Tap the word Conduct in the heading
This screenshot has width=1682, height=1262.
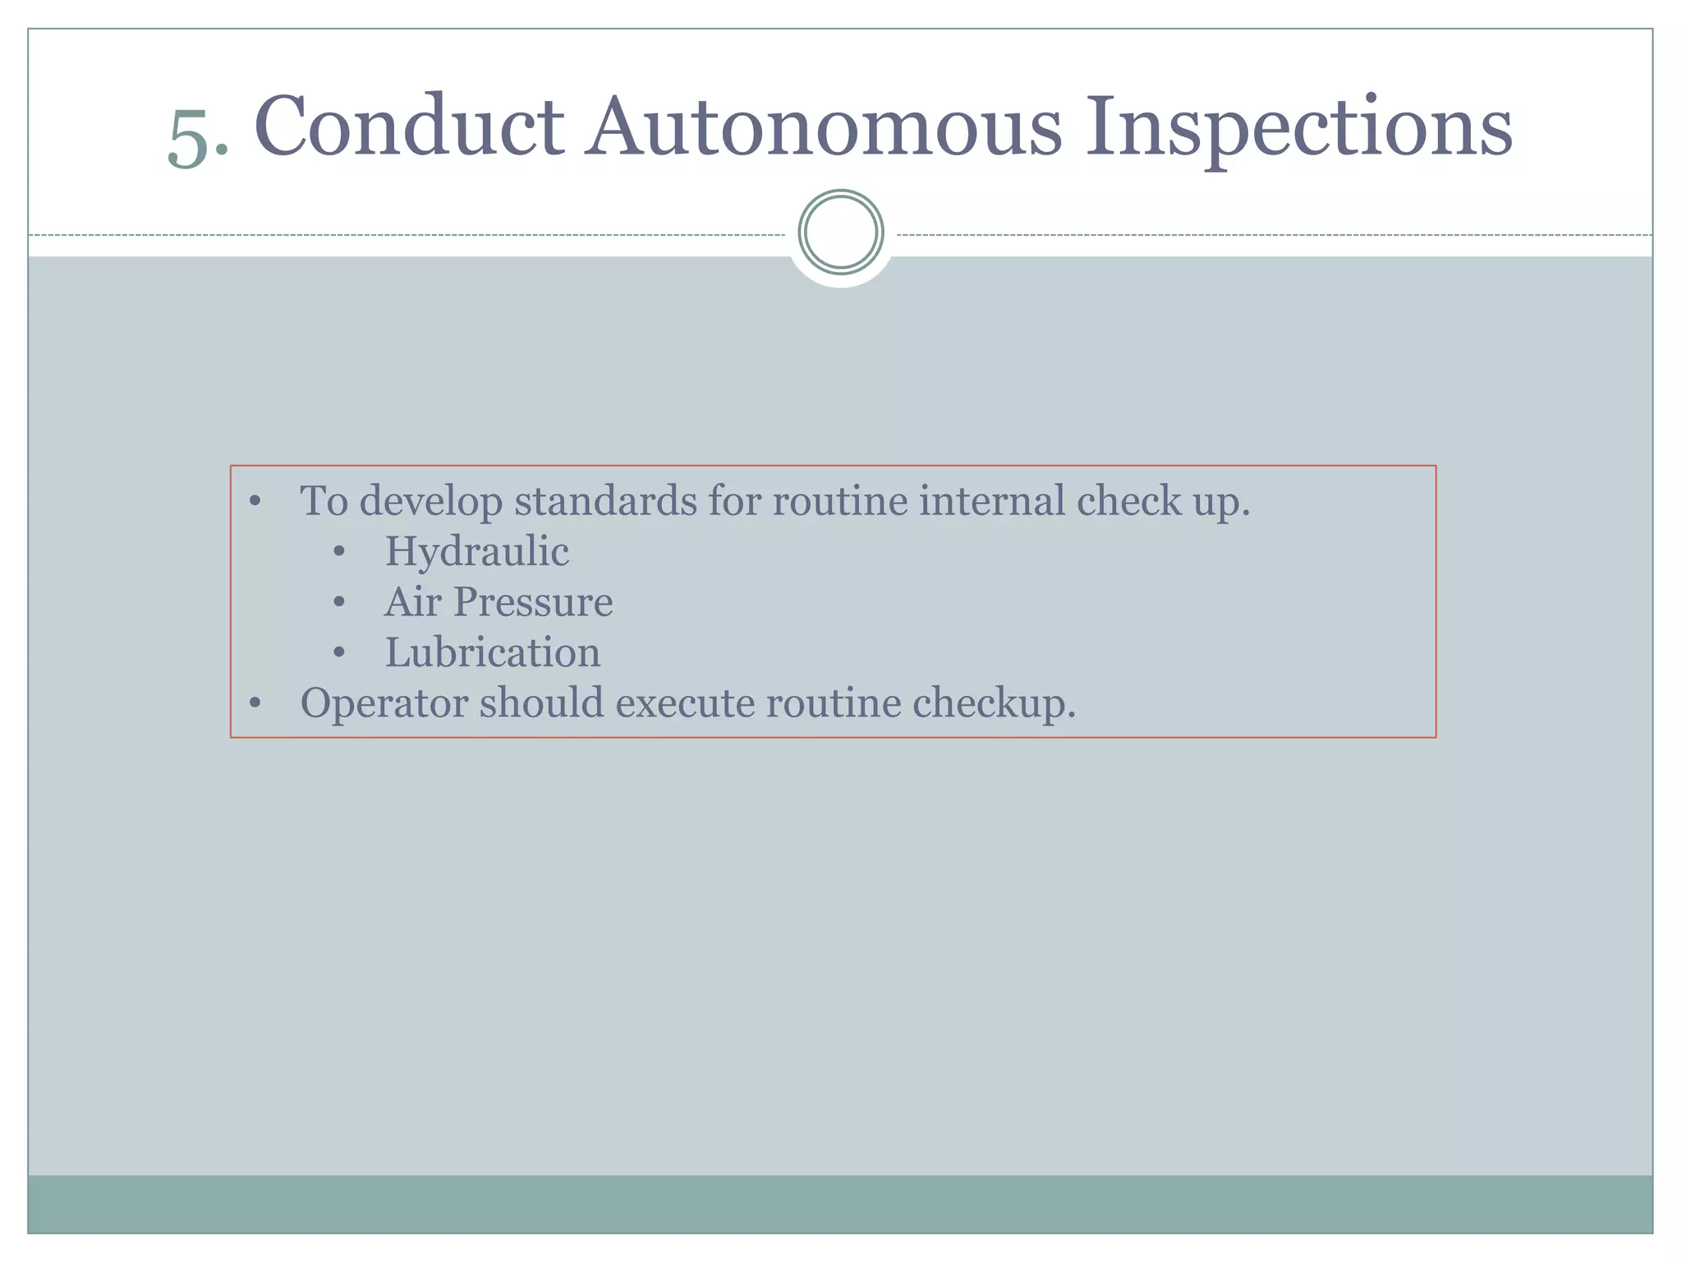click(x=409, y=127)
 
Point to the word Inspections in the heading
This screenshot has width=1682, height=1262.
click(x=1298, y=128)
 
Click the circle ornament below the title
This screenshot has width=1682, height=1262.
click(x=840, y=233)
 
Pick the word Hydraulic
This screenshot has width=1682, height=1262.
click(x=476, y=551)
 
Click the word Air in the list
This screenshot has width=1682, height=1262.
click(x=412, y=601)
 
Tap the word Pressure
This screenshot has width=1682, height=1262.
click(x=533, y=601)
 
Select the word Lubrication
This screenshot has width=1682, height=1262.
click(x=493, y=652)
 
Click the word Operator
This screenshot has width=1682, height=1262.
click(x=384, y=704)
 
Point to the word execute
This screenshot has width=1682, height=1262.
click(x=684, y=703)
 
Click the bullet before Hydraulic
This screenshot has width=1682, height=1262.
click(x=339, y=552)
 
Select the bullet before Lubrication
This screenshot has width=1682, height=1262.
click(x=339, y=653)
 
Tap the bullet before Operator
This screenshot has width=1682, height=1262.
click(x=255, y=703)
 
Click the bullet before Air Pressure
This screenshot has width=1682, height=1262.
click(x=339, y=602)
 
